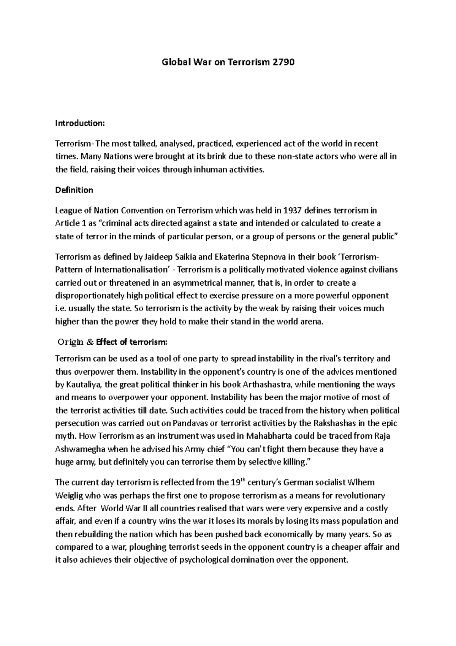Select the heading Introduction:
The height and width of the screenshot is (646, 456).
point(79,123)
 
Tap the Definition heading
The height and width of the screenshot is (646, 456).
point(74,190)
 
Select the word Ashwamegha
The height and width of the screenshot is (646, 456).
point(81,449)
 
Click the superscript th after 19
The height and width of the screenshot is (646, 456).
point(244,480)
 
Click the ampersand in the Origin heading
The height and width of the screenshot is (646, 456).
point(90,342)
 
